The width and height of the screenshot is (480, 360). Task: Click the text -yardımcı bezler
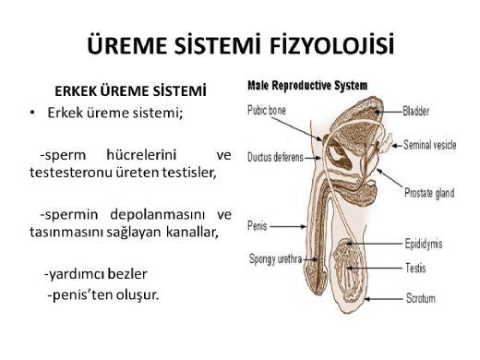coord(96,274)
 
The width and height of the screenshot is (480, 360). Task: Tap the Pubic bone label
coord(269,109)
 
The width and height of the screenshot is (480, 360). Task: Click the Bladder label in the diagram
coord(416,112)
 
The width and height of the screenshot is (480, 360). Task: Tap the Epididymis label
coord(424,245)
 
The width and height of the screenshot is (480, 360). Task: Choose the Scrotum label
coord(420,299)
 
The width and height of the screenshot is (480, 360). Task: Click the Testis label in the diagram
coord(414,269)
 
